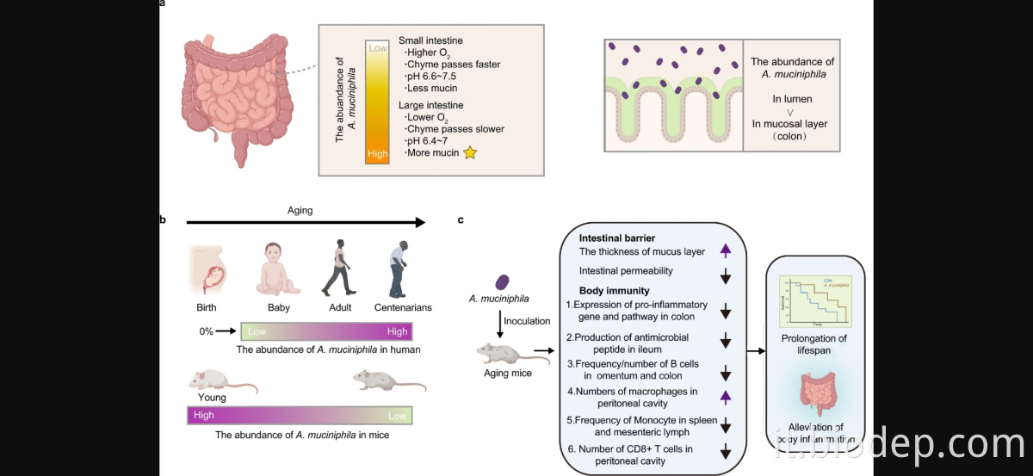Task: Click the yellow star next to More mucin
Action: point(470,153)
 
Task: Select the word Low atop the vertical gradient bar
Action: point(377,49)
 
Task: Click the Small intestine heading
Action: point(430,40)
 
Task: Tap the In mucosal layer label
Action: point(789,124)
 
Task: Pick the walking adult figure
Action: point(337,268)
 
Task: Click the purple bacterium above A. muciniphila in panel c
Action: point(503,282)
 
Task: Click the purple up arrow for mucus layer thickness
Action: point(725,251)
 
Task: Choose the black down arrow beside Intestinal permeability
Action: point(725,276)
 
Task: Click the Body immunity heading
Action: point(614,291)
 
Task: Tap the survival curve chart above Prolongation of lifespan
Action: point(813,300)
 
